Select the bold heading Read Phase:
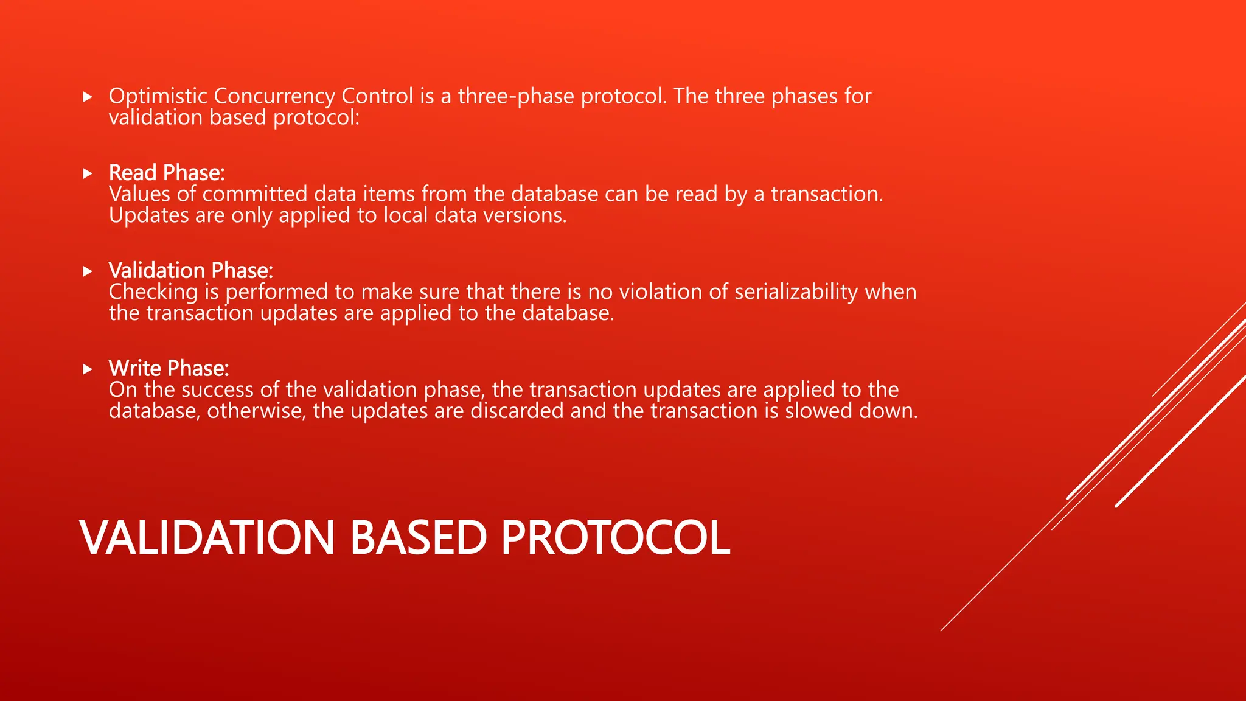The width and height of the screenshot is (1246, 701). [x=167, y=173]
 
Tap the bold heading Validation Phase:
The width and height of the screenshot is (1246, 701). [x=190, y=271]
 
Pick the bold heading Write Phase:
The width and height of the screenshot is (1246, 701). [x=169, y=369]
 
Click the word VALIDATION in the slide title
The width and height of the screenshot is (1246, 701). [x=207, y=537]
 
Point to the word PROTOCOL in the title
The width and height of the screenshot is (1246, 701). [x=615, y=537]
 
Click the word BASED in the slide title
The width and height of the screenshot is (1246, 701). [x=419, y=537]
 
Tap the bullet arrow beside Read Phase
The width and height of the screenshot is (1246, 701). [x=88, y=174]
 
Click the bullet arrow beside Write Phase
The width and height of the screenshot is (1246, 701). [x=88, y=369]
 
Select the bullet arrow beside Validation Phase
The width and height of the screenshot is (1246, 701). [x=88, y=271]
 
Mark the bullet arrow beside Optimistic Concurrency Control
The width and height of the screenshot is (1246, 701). [x=88, y=97]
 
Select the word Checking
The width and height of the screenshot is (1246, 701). [x=153, y=292]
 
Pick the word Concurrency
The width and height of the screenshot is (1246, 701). [x=274, y=96]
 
